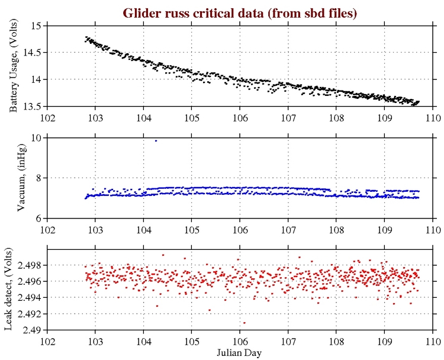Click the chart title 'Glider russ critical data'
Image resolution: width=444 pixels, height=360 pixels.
pos(240,12)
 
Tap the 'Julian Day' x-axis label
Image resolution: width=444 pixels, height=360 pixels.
pos(239,353)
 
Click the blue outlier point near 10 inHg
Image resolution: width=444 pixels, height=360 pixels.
pos(156,140)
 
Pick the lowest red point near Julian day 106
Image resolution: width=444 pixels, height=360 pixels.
pos(244,323)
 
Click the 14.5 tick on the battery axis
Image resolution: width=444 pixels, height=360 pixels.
pos(31,53)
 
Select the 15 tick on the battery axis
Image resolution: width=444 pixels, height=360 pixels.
pos(36,26)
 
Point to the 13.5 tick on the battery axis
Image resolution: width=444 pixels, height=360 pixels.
pos(31,107)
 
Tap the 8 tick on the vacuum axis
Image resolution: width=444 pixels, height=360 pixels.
pos(38,178)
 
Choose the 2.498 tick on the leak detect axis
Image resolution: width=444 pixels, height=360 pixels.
pos(28,265)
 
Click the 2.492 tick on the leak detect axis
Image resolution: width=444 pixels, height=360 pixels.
pos(28,313)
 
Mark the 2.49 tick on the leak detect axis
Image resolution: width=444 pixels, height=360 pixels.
pos(32,330)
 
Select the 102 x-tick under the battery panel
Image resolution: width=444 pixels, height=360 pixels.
pos(47,117)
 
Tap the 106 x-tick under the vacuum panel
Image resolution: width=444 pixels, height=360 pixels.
pos(240,229)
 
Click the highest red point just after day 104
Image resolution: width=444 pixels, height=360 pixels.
pos(163,255)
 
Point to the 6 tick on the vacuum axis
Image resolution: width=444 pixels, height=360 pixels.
pos(38,218)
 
